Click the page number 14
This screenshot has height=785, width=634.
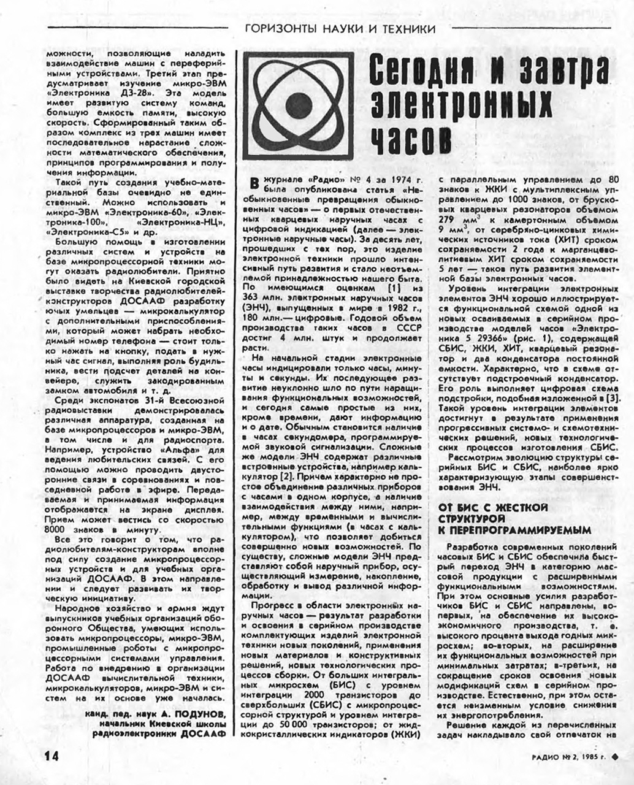[51, 756]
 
